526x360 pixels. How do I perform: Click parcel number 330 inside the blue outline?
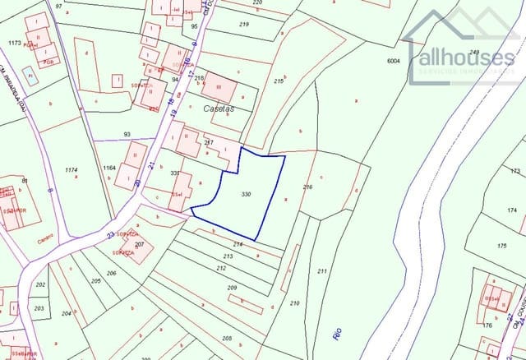tap(246, 194)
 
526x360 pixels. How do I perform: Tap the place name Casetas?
tap(218, 108)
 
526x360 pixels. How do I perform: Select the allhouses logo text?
tap(467, 58)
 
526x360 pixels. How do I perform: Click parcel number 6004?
tap(394, 60)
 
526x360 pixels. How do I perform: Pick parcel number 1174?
tap(71, 169)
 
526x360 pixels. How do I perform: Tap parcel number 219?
tap(244, 25)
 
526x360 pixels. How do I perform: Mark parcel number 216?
tap(307, 187)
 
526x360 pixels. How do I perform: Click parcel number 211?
tap(321, 271)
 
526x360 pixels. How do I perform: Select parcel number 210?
tap(294, 303)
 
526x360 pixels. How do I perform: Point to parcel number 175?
tap(502, 246)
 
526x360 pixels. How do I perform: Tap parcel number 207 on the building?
tap(139, 245)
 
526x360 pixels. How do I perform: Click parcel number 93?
tap(127, 134)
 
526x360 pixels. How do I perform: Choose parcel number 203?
tap(39, 308)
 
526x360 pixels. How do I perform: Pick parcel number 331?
tap(174, 173)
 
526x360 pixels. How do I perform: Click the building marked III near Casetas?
tap(219, 86)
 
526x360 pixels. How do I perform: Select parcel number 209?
tap(232, 288)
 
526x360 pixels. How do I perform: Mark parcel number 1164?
tap(109, 168)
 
